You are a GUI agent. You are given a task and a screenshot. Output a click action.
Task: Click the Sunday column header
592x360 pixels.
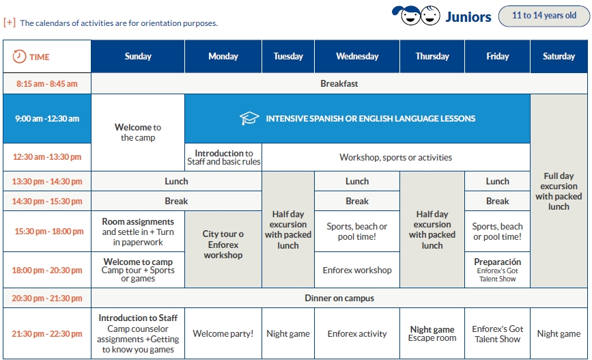138,56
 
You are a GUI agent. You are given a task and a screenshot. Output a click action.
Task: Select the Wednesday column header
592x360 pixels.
357,56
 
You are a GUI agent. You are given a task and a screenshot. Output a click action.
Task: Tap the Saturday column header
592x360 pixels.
559,56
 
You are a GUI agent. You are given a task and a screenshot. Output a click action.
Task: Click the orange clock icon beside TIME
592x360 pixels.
19,57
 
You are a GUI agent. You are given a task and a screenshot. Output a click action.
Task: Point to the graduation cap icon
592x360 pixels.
249,118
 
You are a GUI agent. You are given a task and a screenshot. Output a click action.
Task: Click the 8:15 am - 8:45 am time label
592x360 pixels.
47,84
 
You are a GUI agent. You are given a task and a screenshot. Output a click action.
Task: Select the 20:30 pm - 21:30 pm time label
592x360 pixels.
47,298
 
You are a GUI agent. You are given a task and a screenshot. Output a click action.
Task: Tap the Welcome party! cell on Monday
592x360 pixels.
223,333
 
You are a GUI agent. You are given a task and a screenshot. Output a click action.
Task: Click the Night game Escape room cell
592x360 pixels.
432,333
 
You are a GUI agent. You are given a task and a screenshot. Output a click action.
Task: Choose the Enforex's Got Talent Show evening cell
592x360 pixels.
498,333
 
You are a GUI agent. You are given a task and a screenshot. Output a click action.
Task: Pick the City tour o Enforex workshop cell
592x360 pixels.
223,250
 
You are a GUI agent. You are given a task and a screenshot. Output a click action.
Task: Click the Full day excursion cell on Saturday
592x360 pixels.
559,191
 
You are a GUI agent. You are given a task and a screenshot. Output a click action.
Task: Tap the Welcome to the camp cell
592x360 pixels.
138,133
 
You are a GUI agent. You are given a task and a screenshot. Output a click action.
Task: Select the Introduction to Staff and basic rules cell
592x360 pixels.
223,158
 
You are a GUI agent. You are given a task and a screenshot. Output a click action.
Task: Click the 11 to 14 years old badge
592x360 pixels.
544,16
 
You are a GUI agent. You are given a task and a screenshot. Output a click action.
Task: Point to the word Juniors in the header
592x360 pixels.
468,17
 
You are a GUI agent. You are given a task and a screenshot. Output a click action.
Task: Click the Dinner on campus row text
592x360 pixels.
339,298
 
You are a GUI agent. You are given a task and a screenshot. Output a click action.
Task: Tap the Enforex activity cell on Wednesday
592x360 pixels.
357,333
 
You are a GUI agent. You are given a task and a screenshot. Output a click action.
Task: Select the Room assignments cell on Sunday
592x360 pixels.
138,232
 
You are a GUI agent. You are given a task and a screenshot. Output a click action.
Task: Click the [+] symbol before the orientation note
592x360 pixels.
10,23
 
